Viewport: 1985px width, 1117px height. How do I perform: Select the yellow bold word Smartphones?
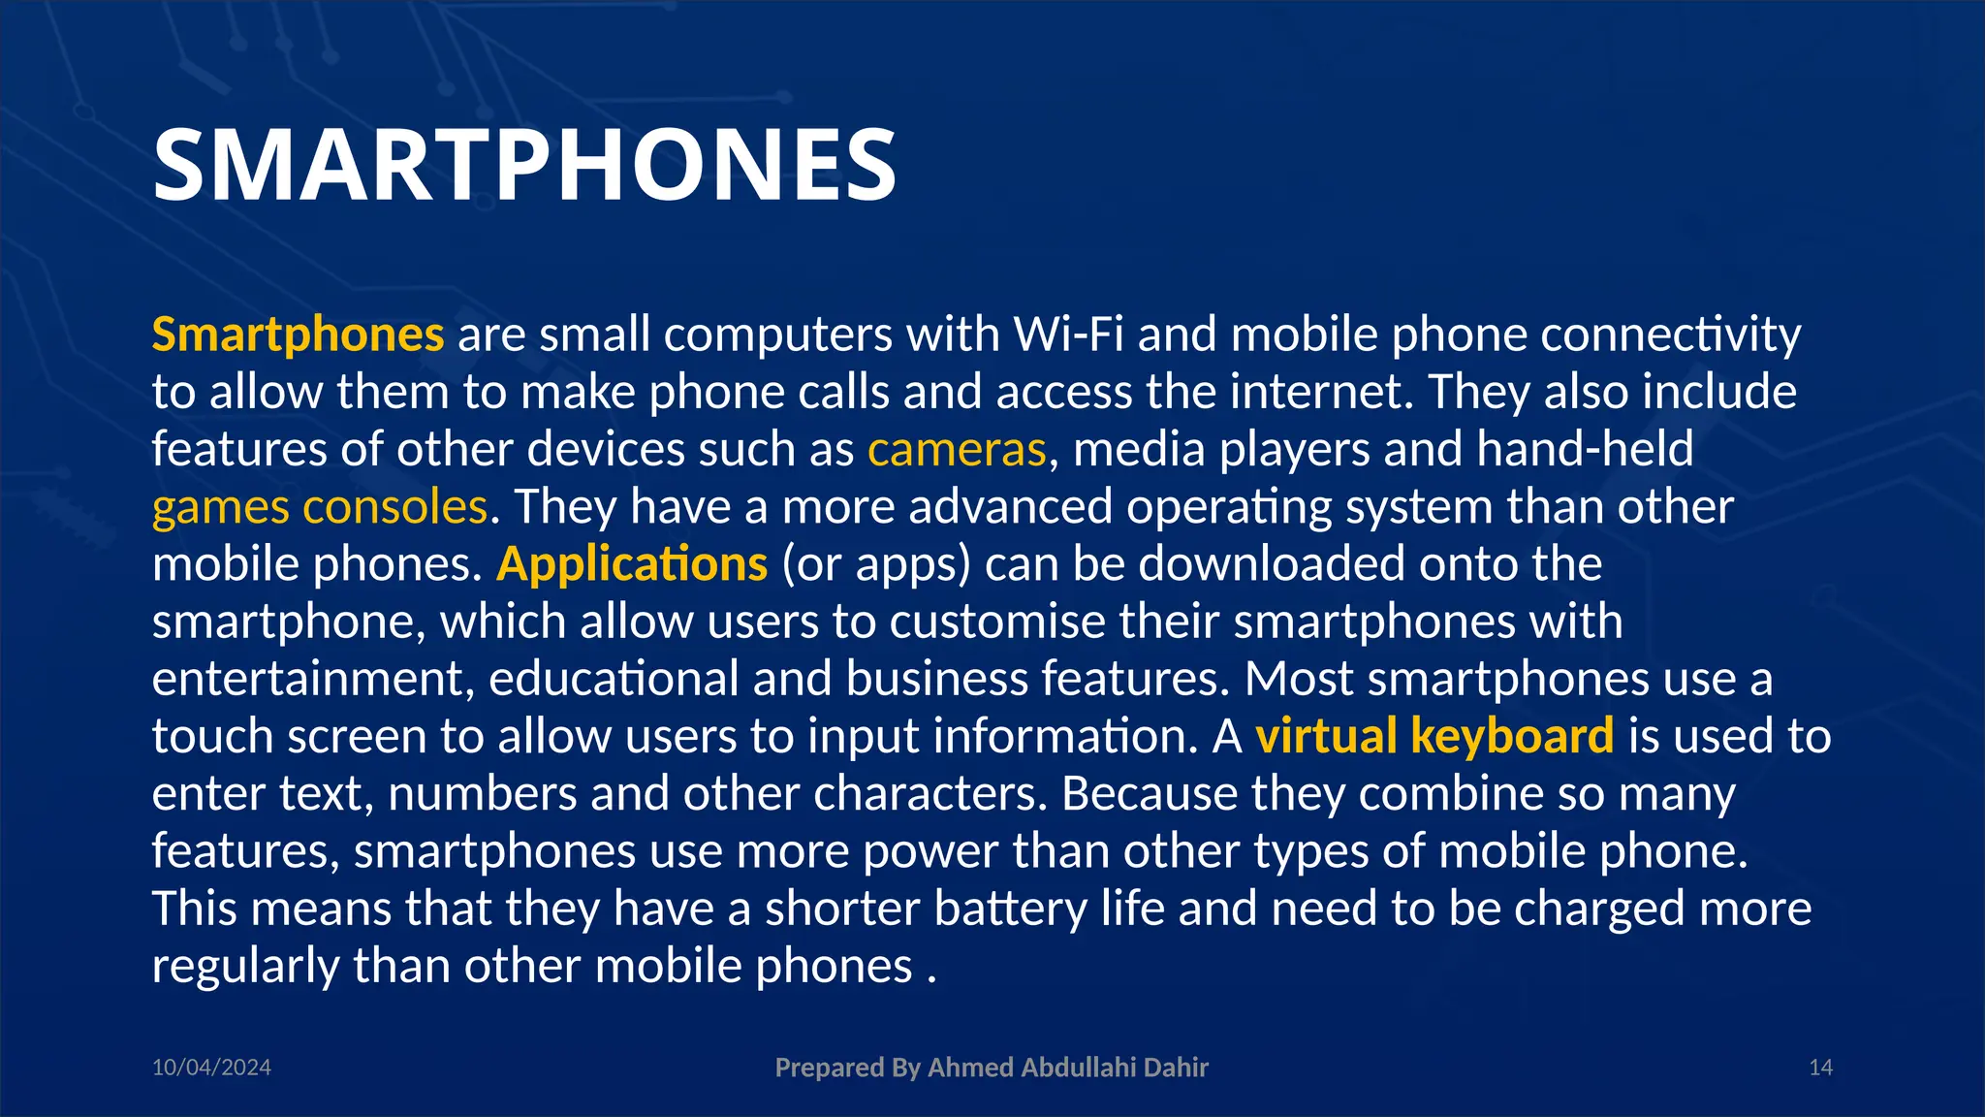pos(298,335)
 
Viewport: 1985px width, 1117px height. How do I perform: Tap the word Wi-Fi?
pos(1068,335)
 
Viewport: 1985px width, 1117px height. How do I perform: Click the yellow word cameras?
pos(957,450)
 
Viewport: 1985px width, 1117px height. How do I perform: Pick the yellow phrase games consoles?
pos(320,507)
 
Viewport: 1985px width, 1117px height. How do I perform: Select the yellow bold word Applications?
pos(632,564)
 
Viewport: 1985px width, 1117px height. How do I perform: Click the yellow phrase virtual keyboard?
pos(1434,736)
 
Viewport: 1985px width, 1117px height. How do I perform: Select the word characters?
pos(929,794)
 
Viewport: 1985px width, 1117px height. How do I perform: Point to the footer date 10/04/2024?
pos(211,1068)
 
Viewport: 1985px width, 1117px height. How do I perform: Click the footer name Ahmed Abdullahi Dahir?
pos(1068,1068)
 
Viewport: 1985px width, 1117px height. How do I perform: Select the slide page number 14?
pos(1820,1068)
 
